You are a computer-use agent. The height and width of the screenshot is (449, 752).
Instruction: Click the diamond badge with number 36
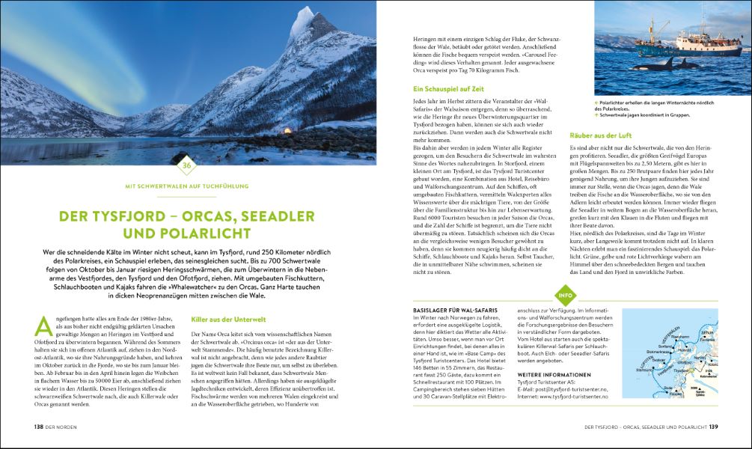point(188,165)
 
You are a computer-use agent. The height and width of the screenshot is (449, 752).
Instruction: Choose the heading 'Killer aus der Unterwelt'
point(223,318)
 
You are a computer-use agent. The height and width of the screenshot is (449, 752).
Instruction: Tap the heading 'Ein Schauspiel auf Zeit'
point(447,88)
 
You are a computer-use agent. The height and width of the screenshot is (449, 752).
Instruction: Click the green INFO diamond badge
point(563,293)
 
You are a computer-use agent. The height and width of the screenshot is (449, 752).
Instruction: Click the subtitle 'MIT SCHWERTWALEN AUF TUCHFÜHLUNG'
point(188,186)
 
